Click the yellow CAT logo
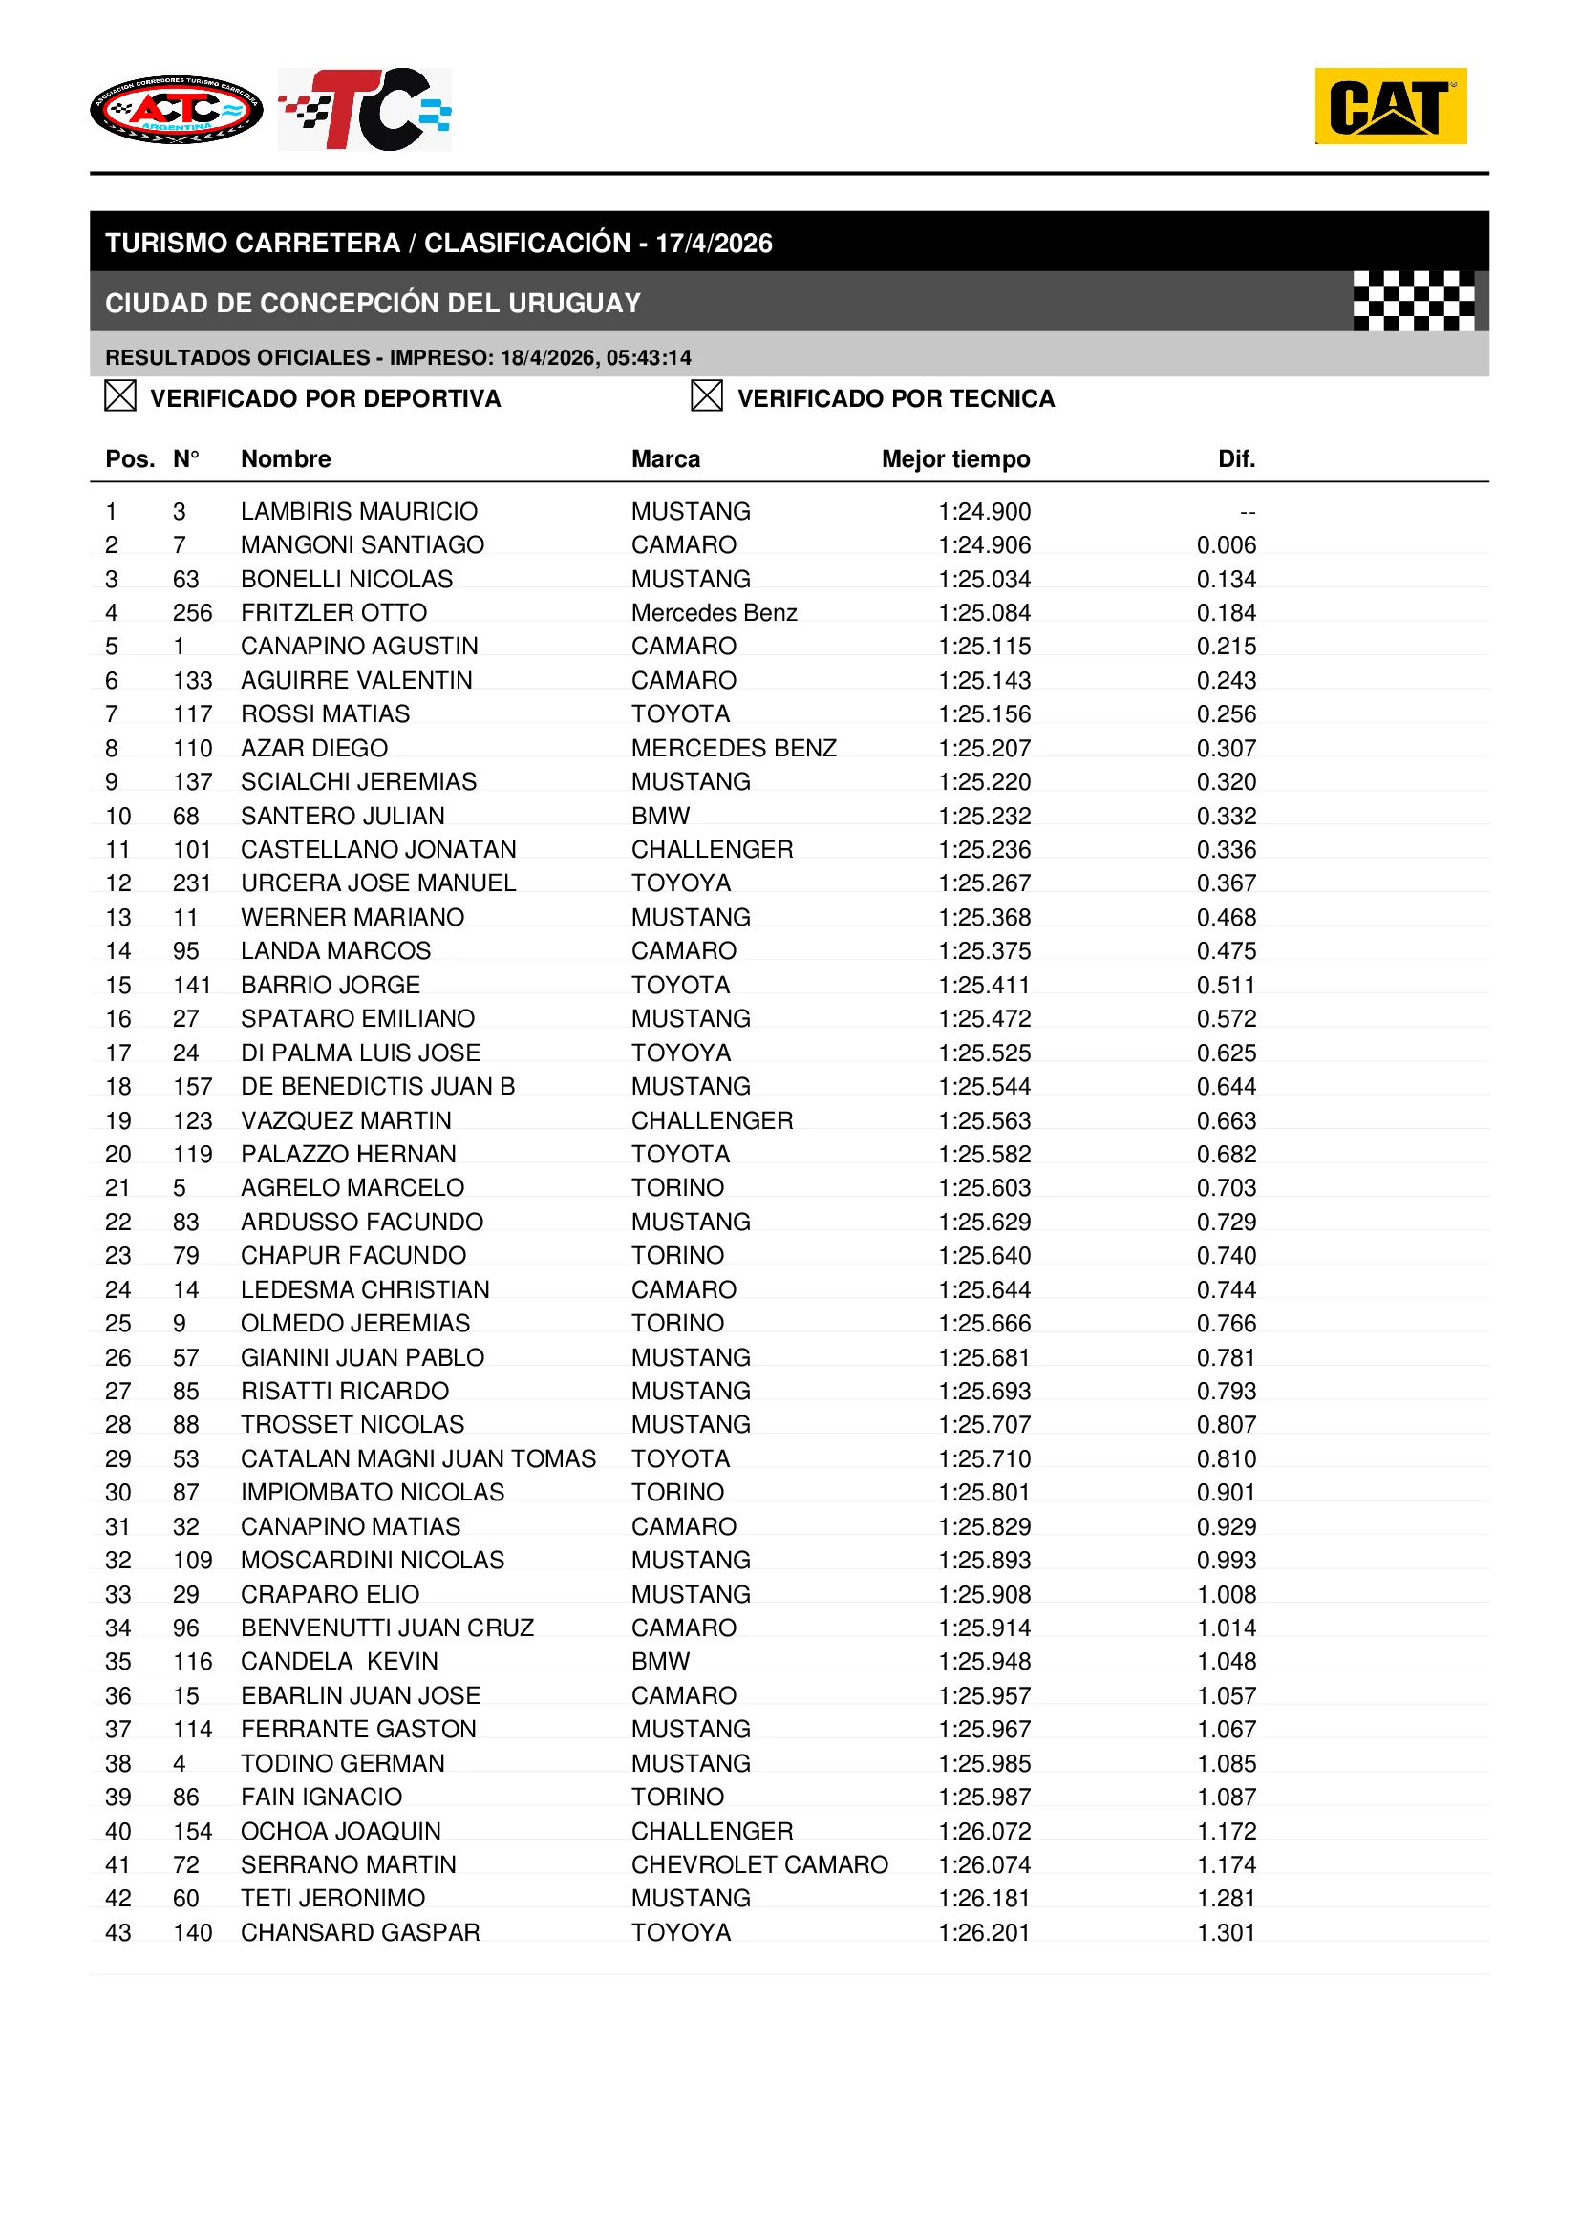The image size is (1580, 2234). click(1389, 106)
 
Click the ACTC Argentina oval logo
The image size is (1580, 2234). click(176, 109)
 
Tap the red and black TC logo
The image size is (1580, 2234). click(365, 109)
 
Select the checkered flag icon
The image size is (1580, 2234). click(1413, 301)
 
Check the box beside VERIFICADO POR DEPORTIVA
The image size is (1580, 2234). click(119, 396)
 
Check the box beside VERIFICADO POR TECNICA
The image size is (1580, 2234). click(706, 396)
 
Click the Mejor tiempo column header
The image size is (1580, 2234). click(955, 459)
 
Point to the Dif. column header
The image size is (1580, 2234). click(1235, 459)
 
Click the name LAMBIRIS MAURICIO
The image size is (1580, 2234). click(359, 512)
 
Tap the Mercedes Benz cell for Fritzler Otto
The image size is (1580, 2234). click(715, 613)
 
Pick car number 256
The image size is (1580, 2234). click(193, 613)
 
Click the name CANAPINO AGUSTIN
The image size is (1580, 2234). click(359, 647)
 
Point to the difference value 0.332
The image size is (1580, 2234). click(1226, 817)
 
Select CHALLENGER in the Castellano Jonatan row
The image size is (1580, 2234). click(713, 850)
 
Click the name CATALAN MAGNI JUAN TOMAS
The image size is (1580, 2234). click(418, 1459)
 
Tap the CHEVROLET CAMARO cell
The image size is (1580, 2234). click(758, 1865)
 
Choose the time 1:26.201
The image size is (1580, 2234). click(984, 1933)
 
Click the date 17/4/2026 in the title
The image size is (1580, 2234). click(714, 244)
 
